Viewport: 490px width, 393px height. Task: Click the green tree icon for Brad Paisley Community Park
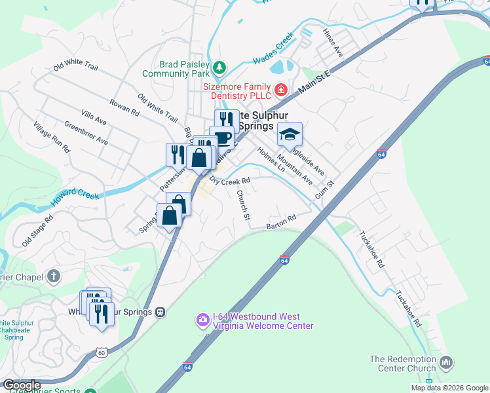(221, 67)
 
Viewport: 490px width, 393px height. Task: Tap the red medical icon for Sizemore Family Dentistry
(280, 89)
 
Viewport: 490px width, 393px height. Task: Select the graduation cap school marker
(290, 135)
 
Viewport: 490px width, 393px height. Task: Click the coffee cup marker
(223, 138)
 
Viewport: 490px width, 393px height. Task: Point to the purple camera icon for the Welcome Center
(202, 320)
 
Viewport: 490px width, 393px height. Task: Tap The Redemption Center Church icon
(447, 362)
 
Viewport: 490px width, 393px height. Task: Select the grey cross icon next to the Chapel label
(54, 277)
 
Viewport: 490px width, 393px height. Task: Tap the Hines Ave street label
(333, 41)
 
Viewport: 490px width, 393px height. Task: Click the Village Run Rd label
(52, 138)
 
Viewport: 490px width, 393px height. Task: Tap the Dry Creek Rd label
(230, 181)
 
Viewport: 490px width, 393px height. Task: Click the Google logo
(22, 385)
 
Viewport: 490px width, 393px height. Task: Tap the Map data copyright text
(449, 388)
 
